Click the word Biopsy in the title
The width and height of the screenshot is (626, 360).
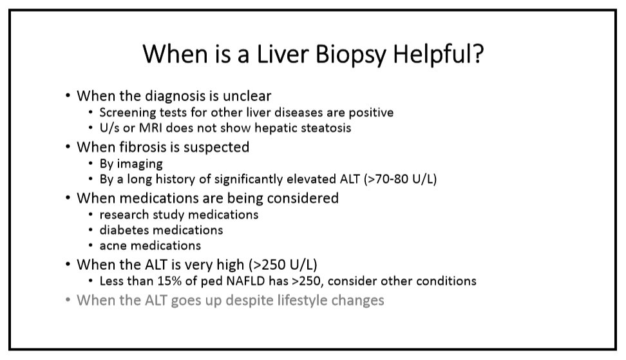[x=351, y=54]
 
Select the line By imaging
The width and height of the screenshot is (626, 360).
[x=131, y=164]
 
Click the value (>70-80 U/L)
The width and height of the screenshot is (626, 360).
[x=400, y=179]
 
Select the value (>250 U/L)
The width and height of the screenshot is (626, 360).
[x=283, y=265]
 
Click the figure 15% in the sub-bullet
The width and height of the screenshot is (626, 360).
[x=169, y=281]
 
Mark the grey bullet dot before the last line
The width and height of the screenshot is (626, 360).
[x=68, y=299]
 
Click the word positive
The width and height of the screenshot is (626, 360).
[x=371, y=113]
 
